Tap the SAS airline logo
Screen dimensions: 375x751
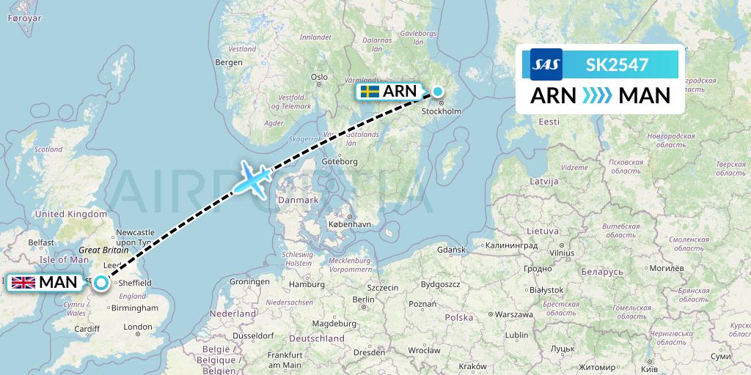[x=546, y=64]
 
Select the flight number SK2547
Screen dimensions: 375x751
[x=617, y=64]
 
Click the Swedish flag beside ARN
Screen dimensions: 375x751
[x=369, y=92]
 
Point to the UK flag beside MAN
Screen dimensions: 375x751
[x=23, y=283]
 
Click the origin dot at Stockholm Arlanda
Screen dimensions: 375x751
[x=438, y=92]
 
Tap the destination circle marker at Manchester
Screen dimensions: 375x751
[x=101, y=282]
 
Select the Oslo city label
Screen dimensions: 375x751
[x=319, y=76]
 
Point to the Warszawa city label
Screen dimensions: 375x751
[x=513, y=314]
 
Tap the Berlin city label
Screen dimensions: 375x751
[x=363, y=299]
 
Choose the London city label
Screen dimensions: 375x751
[x=138, y=327]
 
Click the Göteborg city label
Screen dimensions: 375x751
[x=339, y=161]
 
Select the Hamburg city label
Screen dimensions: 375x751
[x=307, y=284]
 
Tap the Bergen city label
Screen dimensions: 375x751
[x=228, y=62]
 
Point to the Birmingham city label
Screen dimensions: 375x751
[x=136, y=308]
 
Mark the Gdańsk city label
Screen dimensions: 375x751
[x=452, y=250]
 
